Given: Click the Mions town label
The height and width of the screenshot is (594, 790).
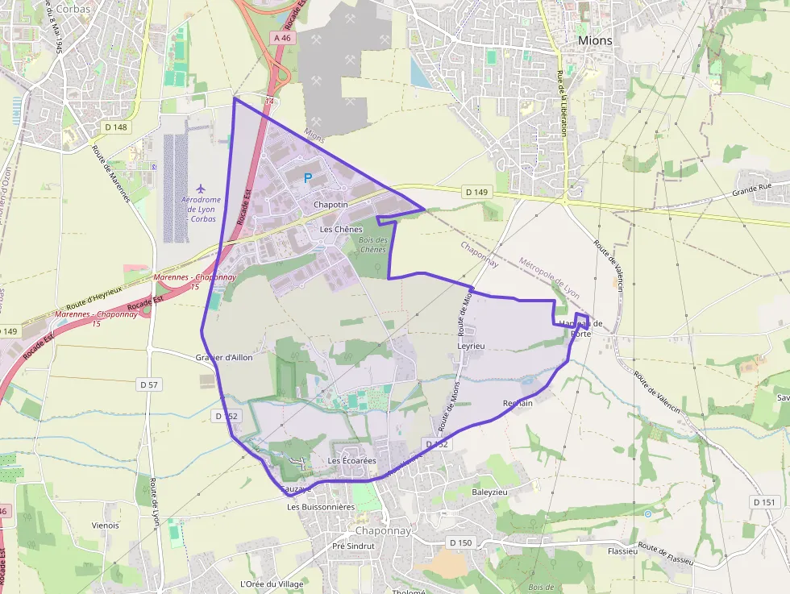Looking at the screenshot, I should click(595, 40).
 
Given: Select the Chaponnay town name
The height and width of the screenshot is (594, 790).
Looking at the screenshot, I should click(384, 531).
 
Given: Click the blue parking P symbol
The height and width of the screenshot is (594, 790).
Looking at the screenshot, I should click(307, 178).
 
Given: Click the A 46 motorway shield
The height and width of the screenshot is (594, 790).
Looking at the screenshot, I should click(281, 38).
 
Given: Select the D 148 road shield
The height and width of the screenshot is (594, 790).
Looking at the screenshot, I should click(116, 127).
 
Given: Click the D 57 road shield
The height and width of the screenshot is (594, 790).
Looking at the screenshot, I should click(150, 384).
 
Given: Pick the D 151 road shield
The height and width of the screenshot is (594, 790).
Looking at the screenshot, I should click(764, 501).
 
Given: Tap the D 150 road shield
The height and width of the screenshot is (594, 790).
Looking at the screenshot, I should click(460, 542).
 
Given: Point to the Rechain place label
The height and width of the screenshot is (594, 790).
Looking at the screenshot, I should click(518, 403).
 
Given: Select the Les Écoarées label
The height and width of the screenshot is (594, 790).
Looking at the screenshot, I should click(352, 460).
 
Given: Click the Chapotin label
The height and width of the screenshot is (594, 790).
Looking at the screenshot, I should click(331, 205).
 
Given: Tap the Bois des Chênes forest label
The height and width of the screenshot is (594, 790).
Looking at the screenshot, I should click(373, 244).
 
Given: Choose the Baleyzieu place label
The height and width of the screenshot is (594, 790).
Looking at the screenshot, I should click(490, 491).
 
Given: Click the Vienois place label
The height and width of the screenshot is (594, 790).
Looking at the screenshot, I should click(106, 525).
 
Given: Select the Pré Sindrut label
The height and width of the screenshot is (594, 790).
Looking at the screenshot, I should click(353, 546).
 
